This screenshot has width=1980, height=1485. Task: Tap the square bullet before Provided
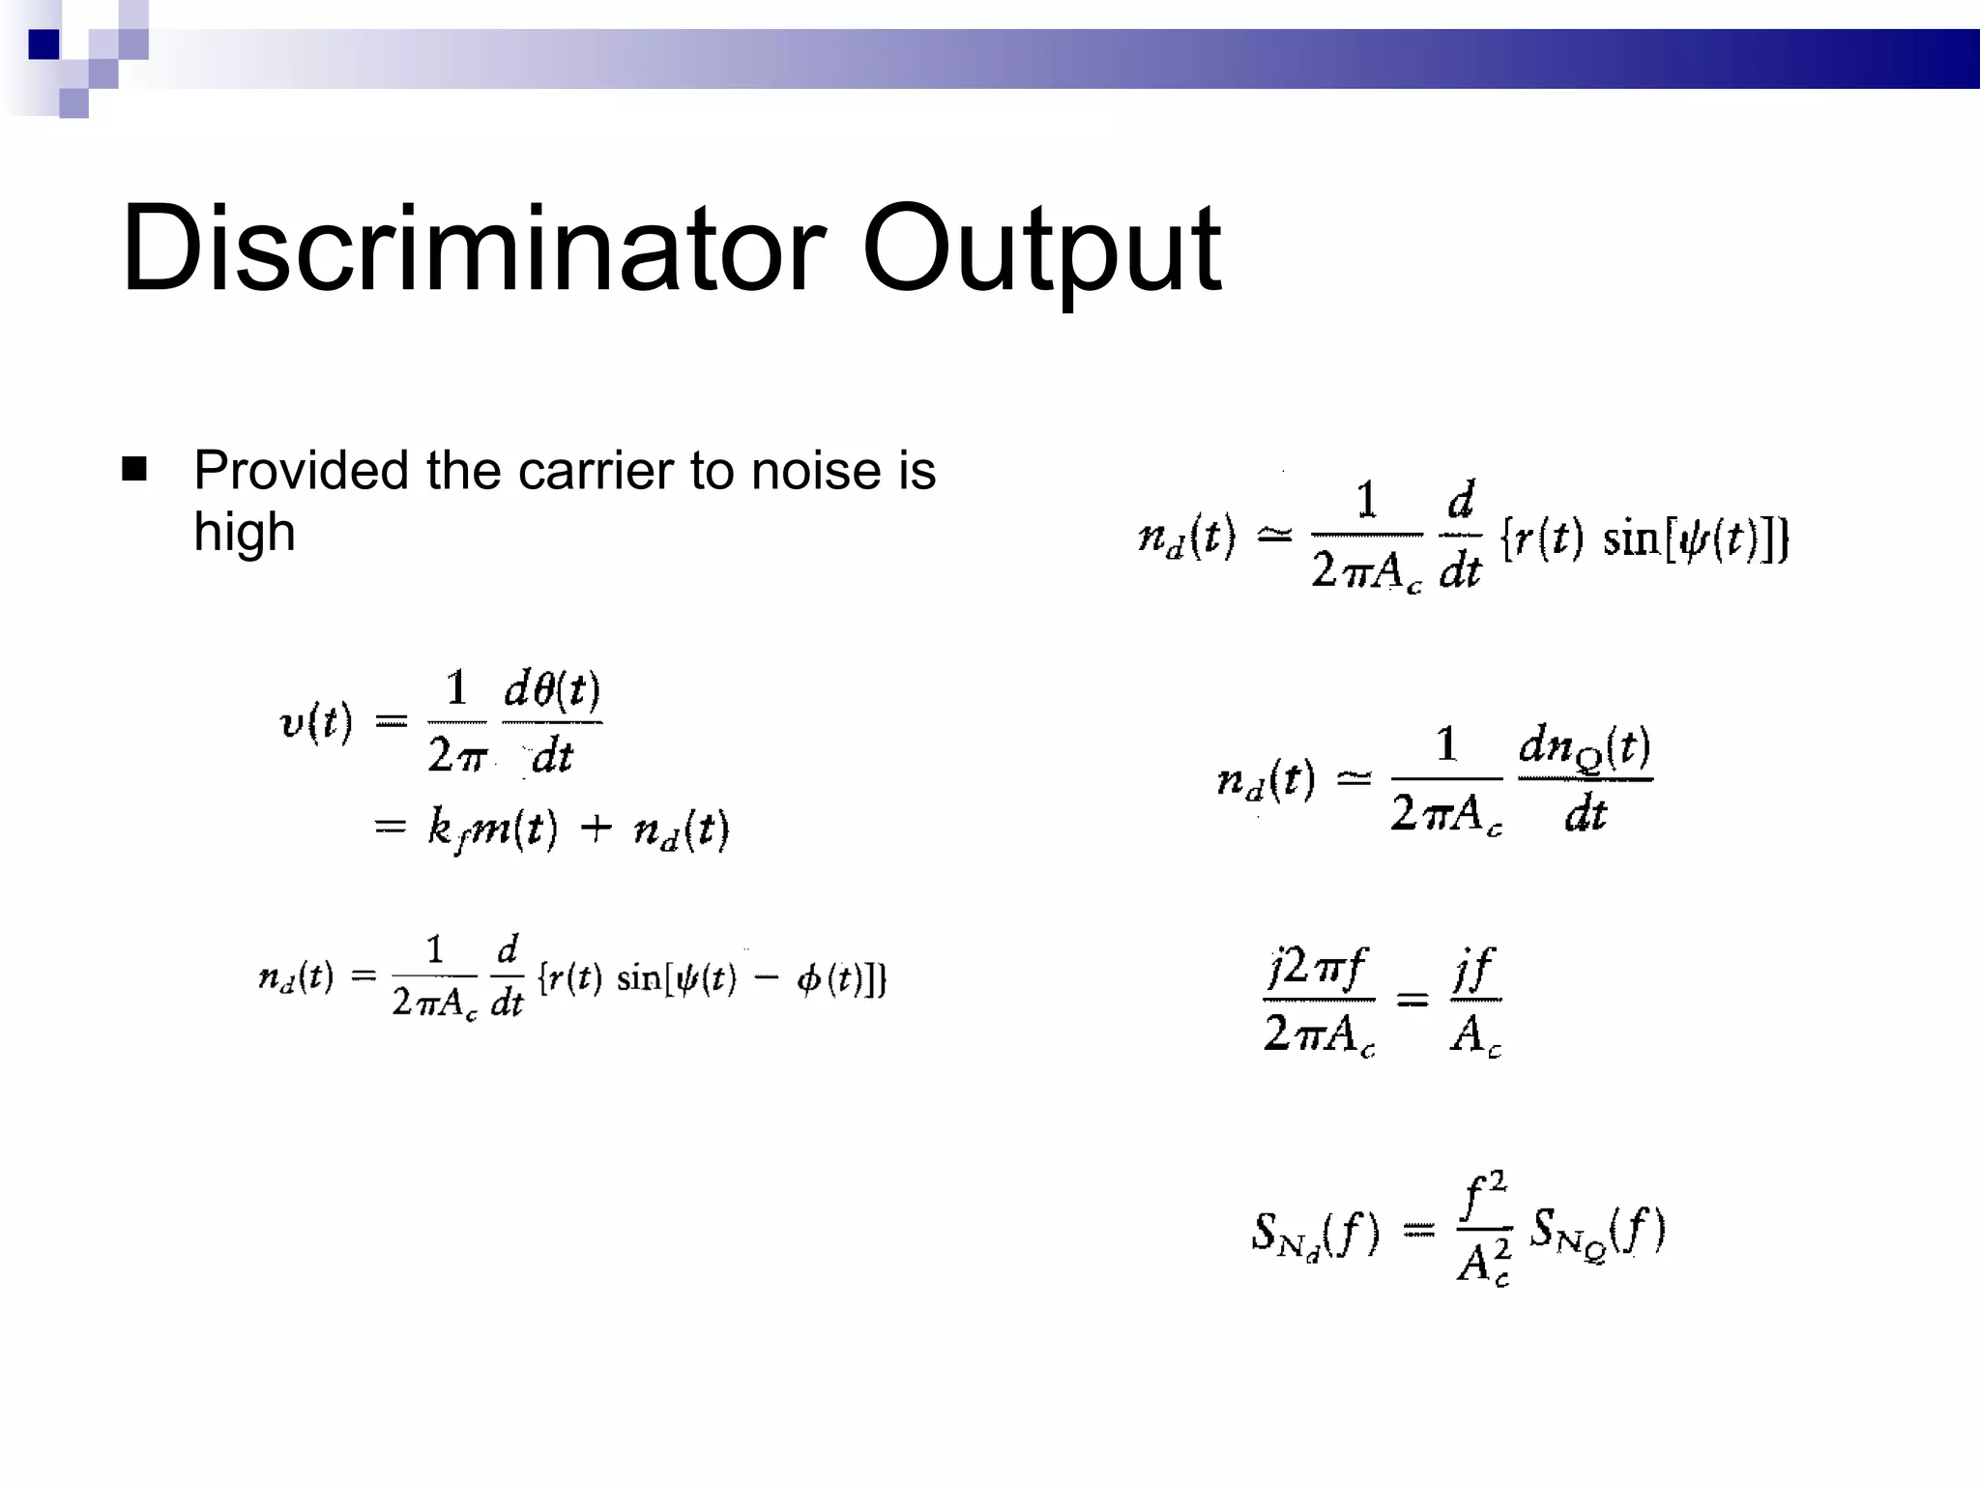tap(134, 470)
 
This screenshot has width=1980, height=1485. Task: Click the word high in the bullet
tap(244, 533)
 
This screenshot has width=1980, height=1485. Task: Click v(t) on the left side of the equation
tap(315, 722)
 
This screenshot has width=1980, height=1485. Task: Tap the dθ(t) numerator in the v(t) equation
tap(552, 690)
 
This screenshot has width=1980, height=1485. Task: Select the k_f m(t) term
tap(492, 829)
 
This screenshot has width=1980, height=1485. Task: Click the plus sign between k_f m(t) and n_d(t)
tap(596, 828)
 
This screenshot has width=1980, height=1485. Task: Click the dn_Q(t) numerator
tap(1585, 748)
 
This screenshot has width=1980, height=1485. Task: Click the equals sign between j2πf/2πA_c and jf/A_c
tap(1412, 999)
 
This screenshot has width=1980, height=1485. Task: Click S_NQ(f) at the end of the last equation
tap(1597, 1232)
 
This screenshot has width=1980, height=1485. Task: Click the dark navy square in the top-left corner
tap(44, 44)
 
